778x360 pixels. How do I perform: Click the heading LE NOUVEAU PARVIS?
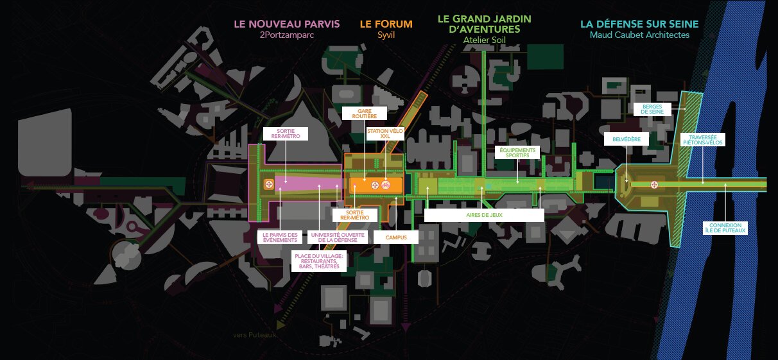tap(287, 24)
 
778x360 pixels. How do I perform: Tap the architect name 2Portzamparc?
tap(286, 35)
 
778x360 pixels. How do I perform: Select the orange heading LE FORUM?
tap(385, 24)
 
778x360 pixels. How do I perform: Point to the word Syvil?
tap(385, 35)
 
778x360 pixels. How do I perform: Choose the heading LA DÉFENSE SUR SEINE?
tap(639, 24)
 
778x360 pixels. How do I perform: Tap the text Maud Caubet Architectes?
tap(639, 35)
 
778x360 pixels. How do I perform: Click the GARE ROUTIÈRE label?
tap(364, 114)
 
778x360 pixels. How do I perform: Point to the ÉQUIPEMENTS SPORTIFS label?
tap(517, 152)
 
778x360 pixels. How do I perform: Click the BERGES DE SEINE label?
tap(652, 109)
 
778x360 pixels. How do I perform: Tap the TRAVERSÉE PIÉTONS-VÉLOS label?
tap(703, 139)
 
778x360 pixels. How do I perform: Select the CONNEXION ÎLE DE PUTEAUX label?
tap(725, 228)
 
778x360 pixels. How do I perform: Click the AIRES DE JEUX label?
tap(484, 216)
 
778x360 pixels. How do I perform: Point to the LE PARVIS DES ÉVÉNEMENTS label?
tap(281, 237)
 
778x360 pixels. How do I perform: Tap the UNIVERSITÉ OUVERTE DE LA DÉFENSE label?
tap(329, 237)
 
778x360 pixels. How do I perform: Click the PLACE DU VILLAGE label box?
tap(318, 261)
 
